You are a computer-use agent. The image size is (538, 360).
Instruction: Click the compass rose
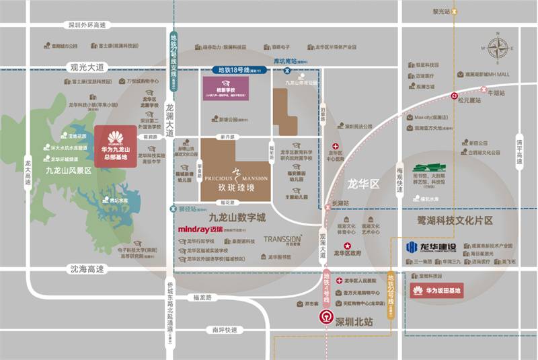click(498, 49)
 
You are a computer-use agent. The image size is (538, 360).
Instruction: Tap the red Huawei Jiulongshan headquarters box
click(116, 145)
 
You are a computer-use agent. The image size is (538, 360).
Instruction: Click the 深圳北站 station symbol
click(326, 317)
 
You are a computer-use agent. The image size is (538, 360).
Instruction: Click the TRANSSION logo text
click(282, 239)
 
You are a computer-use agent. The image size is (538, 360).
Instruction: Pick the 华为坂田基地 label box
click(436, 291)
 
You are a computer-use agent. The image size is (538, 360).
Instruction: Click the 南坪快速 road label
click(224, 330)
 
